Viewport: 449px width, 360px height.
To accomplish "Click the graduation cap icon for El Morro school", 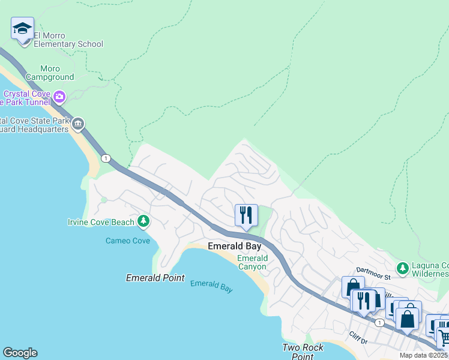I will point(23,29).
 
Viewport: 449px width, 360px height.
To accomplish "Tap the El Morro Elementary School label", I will point(68,40).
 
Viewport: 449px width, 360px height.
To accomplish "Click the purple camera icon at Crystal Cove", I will point(59,97).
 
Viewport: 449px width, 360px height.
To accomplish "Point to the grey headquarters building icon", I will point(78,125).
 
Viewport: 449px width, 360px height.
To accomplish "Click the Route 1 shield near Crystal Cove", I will point(106,158).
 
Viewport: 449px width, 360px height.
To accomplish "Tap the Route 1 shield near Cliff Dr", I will point(379,323).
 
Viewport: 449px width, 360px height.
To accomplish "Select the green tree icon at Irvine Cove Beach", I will point(143,222).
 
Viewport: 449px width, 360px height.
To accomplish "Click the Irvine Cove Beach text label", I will point(101,223).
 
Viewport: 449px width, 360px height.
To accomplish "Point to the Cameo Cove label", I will point(127,241).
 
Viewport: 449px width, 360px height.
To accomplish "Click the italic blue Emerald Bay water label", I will point(211,286).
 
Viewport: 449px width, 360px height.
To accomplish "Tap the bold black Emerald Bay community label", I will point(234,246).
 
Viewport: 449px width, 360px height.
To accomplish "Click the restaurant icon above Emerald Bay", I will point(246,215).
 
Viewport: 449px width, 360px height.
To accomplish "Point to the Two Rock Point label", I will point(303,352).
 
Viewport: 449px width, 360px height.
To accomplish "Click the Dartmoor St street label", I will point(373,277).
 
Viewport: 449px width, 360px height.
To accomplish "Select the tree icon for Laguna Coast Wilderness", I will point(402,266).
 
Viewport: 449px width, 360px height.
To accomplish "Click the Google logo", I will point(20,353).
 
